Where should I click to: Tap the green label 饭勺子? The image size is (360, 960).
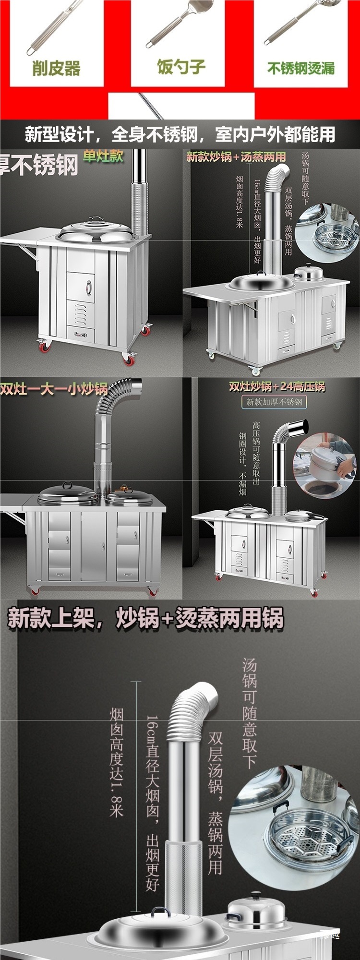181,67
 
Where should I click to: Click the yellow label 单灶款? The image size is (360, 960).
103,156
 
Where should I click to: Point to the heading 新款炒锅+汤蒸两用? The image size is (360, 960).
236,157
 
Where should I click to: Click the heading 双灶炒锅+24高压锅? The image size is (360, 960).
277,386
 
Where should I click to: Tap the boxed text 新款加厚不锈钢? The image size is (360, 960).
274,402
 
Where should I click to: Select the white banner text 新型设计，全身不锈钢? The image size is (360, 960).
180,134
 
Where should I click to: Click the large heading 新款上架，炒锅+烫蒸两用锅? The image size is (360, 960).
145,619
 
